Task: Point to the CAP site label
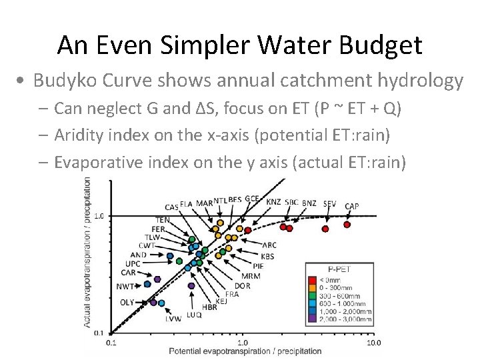coord(352,206)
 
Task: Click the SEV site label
coord(329,203)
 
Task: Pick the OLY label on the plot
coord(127,302)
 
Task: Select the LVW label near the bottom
coord(173,319)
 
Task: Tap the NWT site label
coord(125,287)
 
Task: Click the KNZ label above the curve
coord(273,201)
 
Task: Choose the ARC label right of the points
coord(269,245)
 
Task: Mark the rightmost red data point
coord(347,225)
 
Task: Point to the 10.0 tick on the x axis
coord(373,343)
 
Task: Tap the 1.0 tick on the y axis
coord(98,216)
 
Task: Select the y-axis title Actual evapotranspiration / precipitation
coord(87,254)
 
